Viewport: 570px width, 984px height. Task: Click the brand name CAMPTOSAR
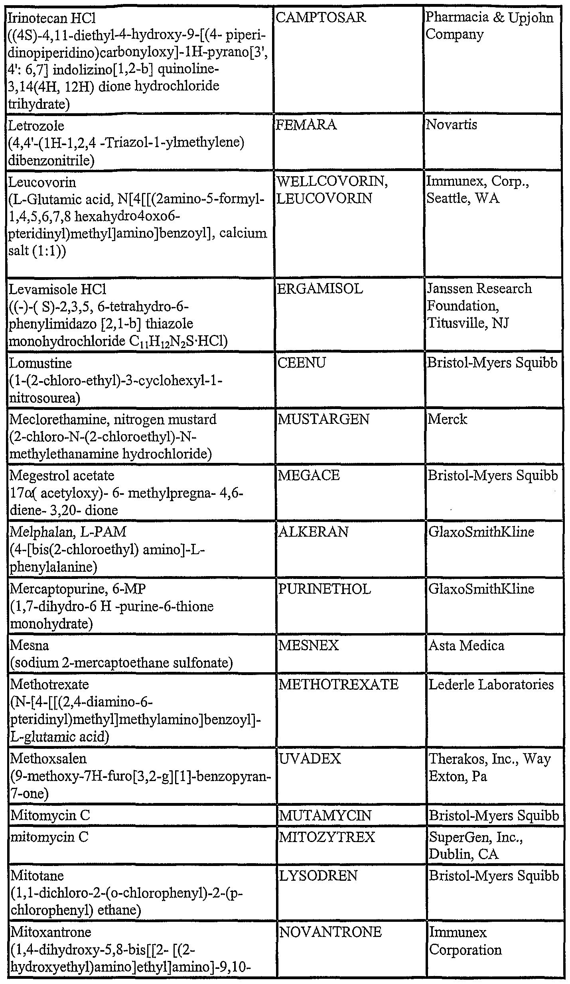click(321, 18)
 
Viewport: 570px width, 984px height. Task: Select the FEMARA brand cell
click(306, 125)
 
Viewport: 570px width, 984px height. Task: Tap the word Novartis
click(452, 125)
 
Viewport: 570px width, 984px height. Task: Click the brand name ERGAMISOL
click(320, 289)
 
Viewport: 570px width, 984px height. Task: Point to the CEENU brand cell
click(302, 363)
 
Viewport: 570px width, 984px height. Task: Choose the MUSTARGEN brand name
click(323, 419)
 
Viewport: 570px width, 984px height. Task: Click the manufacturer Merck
click(447, 419)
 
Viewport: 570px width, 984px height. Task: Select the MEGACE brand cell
click(309, 475)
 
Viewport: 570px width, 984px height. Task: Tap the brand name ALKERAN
click(313, 532)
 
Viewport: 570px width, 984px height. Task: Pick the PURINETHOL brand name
click(324, 589)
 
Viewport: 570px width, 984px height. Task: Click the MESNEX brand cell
click(308, 646)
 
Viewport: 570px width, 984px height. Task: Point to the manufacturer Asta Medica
click(466, 646)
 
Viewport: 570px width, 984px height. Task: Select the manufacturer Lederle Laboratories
click(491, 685)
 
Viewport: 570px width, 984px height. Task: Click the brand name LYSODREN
click(318, 876)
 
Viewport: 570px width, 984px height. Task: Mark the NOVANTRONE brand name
click(330, 932)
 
